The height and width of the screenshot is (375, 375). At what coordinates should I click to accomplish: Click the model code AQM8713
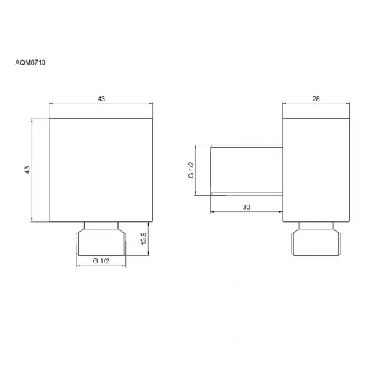(30, 62)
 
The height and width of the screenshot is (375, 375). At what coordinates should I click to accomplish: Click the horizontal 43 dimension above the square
(101, 99)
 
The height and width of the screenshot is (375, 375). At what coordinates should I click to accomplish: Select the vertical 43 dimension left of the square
(27, 170)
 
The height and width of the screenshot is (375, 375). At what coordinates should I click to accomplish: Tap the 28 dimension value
(316, 99)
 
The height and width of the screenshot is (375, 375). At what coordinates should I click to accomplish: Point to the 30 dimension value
(246, 207)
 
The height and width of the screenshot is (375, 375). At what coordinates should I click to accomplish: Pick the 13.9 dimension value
(143, 238)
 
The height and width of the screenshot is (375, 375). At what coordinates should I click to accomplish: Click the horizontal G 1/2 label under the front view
(101, 261)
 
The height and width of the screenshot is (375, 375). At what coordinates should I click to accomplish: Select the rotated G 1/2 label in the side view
(190, 170)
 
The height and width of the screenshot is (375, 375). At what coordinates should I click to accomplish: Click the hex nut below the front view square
(101, 242)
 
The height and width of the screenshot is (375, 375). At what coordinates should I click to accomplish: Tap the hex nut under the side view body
(316, 242)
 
